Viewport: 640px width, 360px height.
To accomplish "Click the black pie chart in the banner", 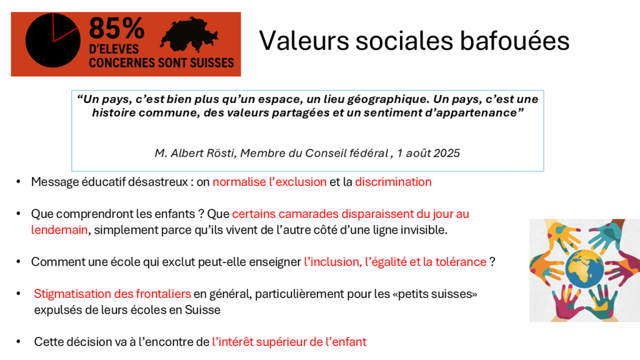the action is [52, 41].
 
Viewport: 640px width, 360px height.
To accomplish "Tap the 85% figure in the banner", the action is [117, 29].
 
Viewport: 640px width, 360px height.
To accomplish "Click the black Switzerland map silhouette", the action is [189, 35].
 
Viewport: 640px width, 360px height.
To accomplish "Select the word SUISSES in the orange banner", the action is [211, 63].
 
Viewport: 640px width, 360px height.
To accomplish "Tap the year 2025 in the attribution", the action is [446, 153].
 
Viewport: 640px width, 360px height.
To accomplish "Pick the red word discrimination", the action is [393, 182].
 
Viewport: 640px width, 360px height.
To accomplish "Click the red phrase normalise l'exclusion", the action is [269, 182].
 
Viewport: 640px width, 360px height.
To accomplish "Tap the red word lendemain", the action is [59, 230].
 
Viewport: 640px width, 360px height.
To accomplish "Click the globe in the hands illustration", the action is [584, 269].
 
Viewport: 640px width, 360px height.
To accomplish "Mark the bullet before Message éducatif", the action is [18, 182].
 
